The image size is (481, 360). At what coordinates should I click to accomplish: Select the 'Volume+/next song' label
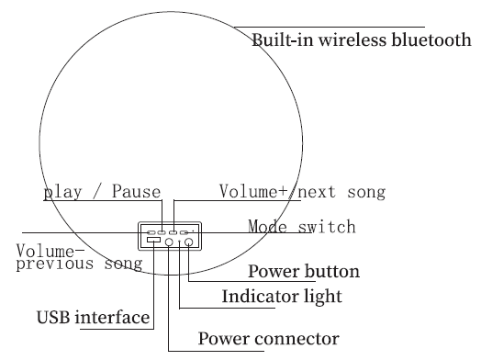pos(302,192)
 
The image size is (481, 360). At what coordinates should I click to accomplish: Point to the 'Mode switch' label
pos(301,226)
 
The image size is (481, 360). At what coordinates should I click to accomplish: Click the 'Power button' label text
pos(304,272)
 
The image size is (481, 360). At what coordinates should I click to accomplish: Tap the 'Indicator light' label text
pos(282,297)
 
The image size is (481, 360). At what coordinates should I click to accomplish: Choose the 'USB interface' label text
pos(93,319)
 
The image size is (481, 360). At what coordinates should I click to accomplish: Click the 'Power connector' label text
pos(269,339)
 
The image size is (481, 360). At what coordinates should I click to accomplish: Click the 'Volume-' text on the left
pos(50,251)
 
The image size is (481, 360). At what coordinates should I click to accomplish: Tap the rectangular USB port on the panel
pos(153,240)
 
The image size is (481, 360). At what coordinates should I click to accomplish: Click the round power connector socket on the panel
pos(169,242)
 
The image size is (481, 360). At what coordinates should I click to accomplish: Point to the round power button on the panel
pos(189,242)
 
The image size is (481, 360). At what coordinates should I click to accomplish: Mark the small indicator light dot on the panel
pos(179,241)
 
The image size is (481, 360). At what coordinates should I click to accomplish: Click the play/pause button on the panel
pos(162,232)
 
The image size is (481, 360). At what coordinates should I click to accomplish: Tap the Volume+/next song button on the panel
pos(173,232)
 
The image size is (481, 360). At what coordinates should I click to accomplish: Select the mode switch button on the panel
pos(184,232)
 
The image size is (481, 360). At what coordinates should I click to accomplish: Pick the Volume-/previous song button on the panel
pos(151,232)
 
